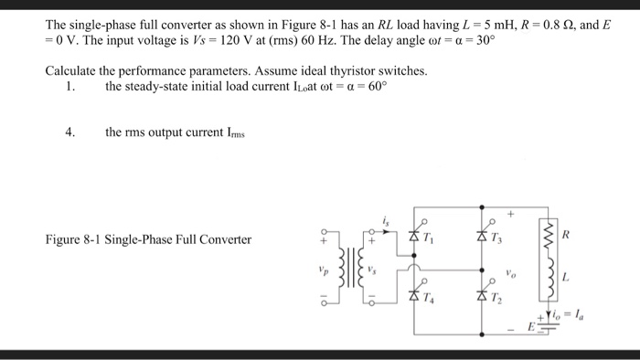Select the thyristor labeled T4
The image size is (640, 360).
point(413,294)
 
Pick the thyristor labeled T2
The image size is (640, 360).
point(481,294)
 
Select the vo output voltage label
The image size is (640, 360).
point(513,271)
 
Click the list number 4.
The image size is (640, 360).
point(69,132)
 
